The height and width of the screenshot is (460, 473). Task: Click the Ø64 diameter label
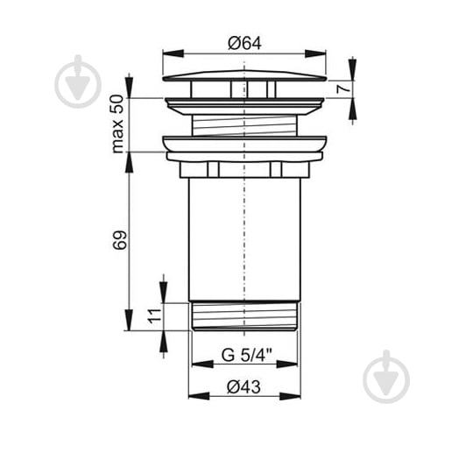tap(244, 43)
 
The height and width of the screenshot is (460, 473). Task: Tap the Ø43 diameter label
tap(244, 386)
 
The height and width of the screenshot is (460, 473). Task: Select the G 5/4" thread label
tap(247, 355)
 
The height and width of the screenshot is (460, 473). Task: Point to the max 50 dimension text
tap(117, 124)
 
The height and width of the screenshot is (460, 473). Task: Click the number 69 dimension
tap(119, 240)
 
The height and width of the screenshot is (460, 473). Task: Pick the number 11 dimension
tap(155, 316)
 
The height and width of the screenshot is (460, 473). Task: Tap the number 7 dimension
tap(343, 89)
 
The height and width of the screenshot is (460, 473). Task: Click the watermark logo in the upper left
tap(78, 81)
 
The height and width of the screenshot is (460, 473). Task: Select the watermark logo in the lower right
tap(386, 377)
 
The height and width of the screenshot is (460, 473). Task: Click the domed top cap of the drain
tap(244, 75)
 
